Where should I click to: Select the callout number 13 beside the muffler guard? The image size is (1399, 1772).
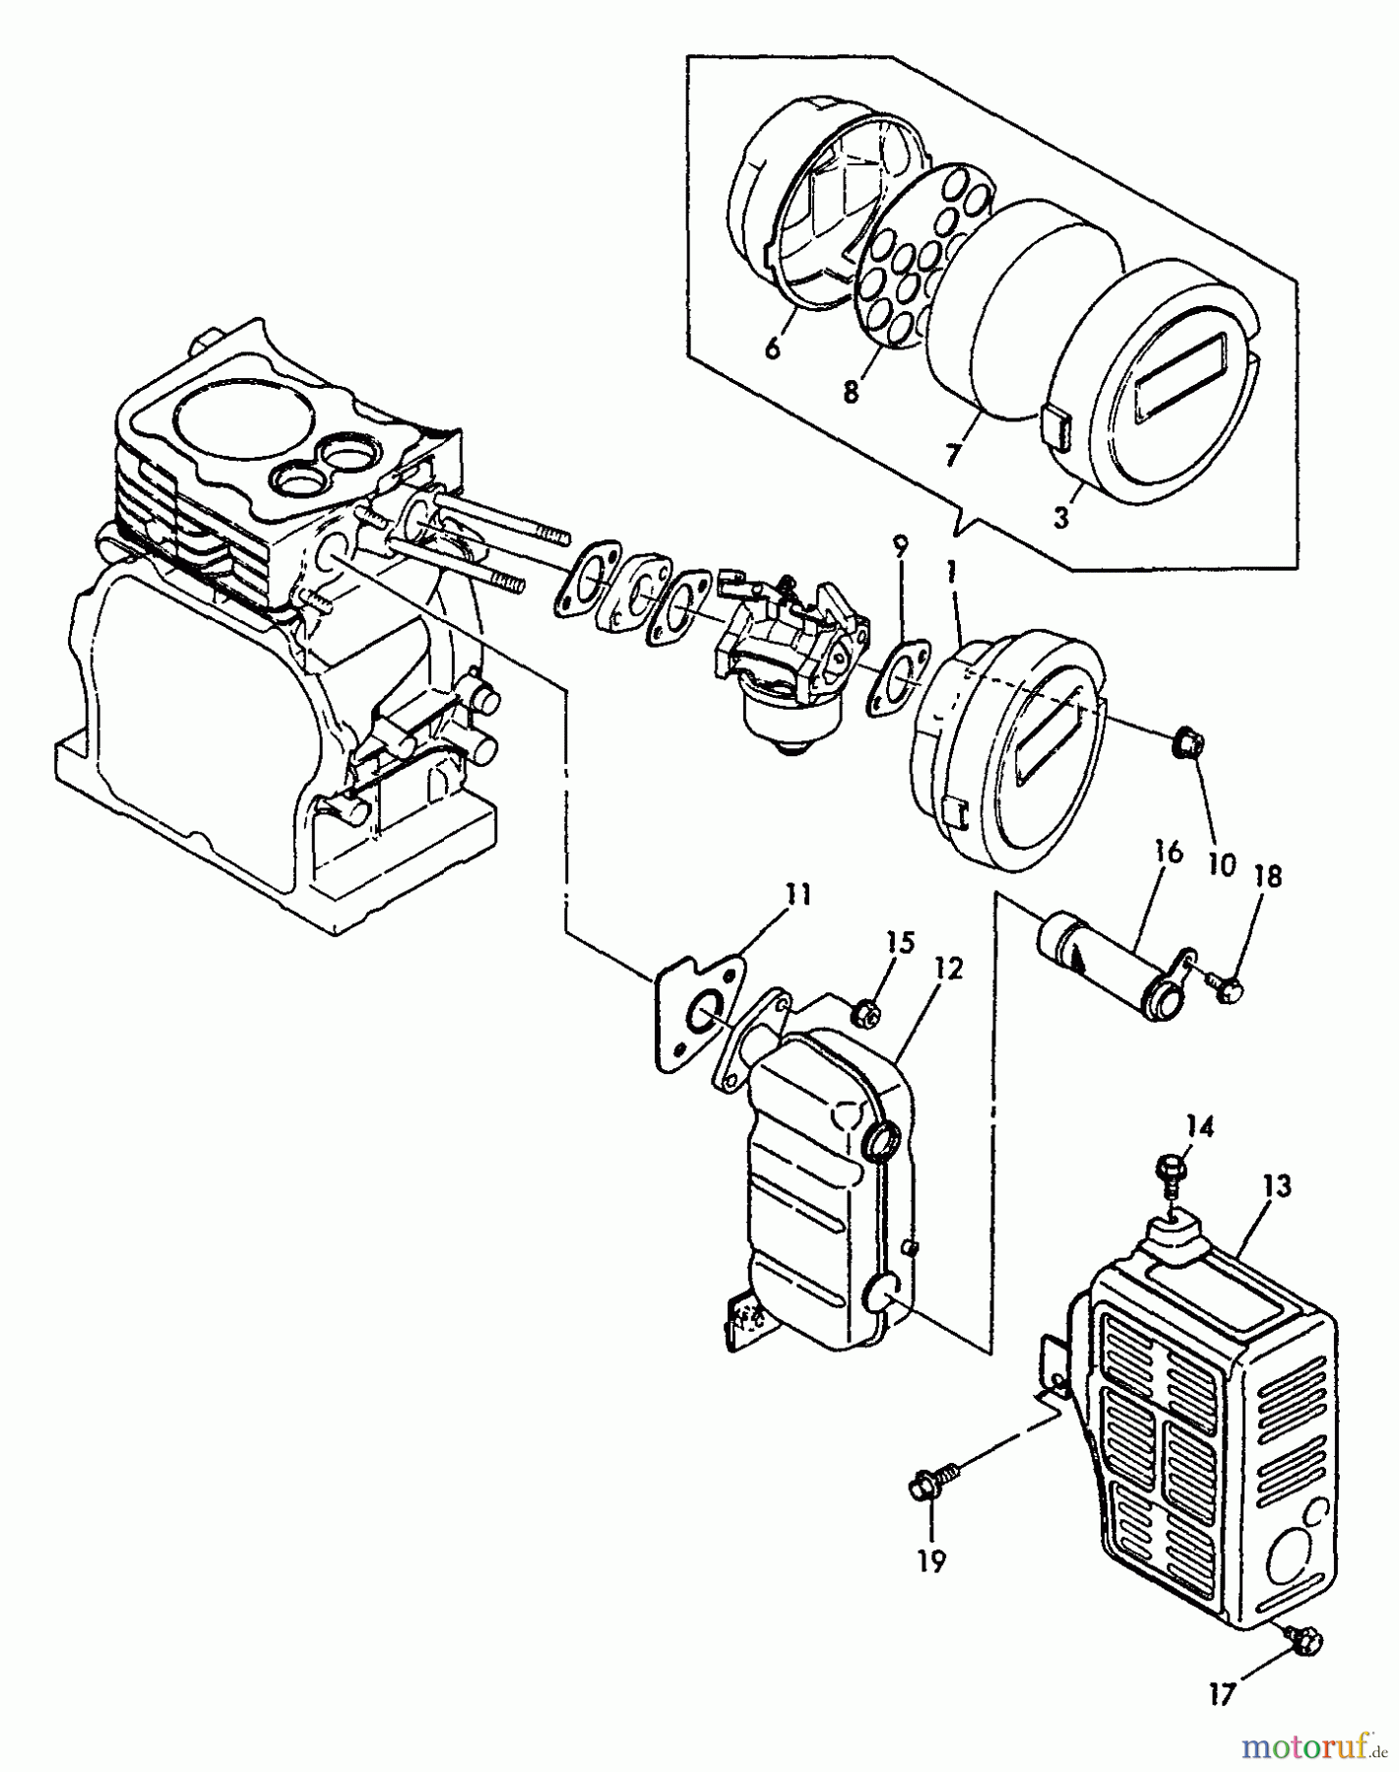(x=1277, y=1187)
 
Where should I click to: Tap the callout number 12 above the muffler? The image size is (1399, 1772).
(x=948, y=970)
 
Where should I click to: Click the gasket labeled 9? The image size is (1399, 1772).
(x=896, y=675)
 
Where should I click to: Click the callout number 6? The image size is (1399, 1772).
(x=773, y=347)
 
